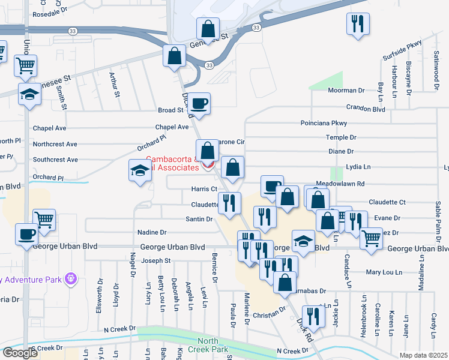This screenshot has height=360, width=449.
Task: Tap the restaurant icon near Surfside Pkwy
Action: pyautogui.click(x=358, y=25)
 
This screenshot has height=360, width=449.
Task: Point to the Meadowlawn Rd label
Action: pyautogui.click(x=340, y=184)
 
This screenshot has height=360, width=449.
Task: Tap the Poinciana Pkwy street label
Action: pyautogui.click(x=324, y=123)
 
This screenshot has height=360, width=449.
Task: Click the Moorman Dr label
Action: pyautogui.click(x=346, y=91)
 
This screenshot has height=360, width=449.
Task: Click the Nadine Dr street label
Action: pyautogui.click(x=152, y=232)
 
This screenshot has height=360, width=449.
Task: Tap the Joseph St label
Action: pyautogui.click(x=156, y=261)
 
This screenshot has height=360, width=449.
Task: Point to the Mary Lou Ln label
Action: pyautogui.click(x=382, y=272)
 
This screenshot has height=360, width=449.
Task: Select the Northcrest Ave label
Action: pyautogui.click(x=55, y=145)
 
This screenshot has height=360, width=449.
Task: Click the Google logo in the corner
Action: pyautogui.click(x=19, y=352)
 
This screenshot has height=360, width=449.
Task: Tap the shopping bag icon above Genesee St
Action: pyautogui.click(x=207, y=29)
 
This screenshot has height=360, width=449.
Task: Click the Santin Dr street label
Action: pyautogui.click(x=199, y=220)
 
